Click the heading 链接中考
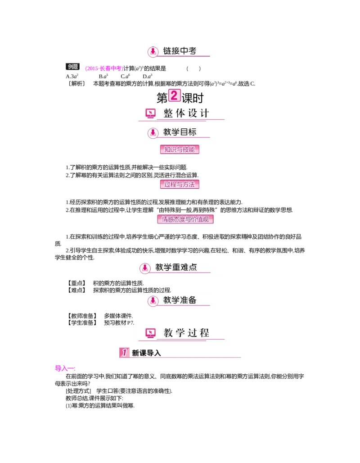tap(180, 51)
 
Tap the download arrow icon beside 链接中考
tap(153, 52)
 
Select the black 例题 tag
tap(73, 67)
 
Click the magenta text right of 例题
tap(104, 68)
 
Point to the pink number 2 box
tap(174, 95)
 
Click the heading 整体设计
tap(186, 113)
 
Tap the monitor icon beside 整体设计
tap(151, 114)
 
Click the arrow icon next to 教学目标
tap(153, 133)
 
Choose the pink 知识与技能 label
tap(180, 150)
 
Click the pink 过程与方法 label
tap(180, 184)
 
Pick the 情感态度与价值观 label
tap(185, 219)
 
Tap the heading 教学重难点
tap(176, 267)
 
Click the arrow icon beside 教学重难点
tap(144, 268)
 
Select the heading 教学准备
tap(180, 300)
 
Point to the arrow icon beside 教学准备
tap(153, 301)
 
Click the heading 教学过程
tap(186, 333)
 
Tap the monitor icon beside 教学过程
tap(151, 333)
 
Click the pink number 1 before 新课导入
tap(124, 353)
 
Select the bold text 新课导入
tap(146, 353)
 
